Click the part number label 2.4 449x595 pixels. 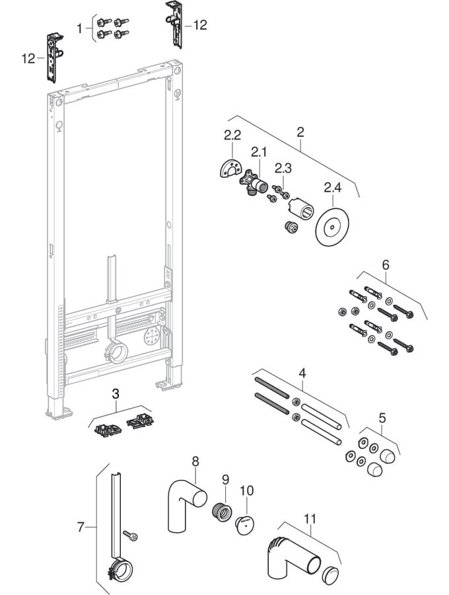point(333,189)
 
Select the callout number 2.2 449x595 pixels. point(232,136)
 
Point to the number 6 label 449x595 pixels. point(386,264)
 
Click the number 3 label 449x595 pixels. point(116,394)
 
